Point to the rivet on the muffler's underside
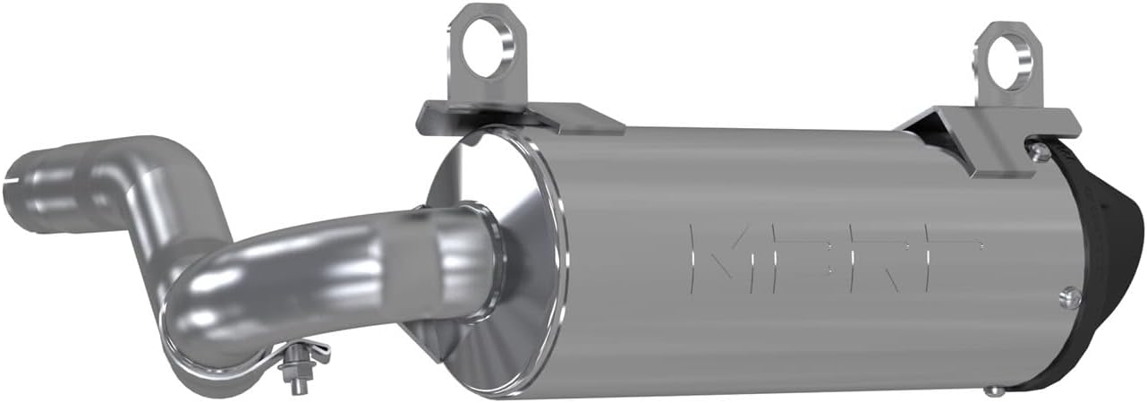pos(990,390)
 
